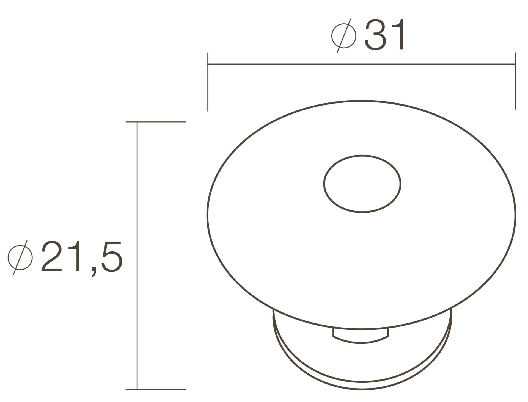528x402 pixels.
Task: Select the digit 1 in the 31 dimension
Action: coord(398,35)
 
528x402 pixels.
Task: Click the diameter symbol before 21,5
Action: coord(20,257)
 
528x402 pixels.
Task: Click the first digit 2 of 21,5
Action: coord(52,256)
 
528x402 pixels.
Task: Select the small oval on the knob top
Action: coord(362,184)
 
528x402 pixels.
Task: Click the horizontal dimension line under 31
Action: coord(361,64)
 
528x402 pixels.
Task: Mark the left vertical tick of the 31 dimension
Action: coord(208,82)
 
